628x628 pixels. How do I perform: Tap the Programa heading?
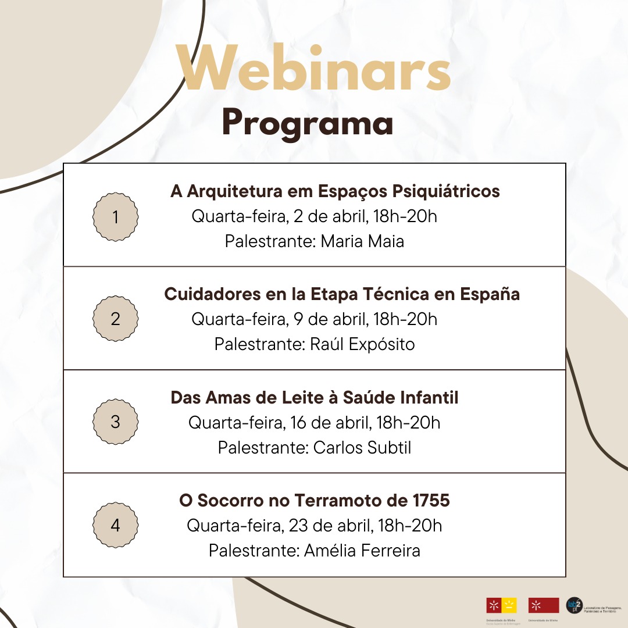tap(308, 123)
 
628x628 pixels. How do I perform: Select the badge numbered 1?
tap(116, 217)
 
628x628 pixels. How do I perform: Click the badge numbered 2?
tap(116, 319)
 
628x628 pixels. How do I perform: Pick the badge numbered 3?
tap(116, 422)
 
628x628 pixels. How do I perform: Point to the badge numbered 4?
tap(116, 525)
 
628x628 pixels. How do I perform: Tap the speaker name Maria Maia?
tap(362, 241)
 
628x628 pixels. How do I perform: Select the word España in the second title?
tap(490, 294)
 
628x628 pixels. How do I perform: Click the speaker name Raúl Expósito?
tap(362, 344)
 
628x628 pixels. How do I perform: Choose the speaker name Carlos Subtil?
tap(362, 448)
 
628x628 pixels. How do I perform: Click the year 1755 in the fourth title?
tap(431, 501)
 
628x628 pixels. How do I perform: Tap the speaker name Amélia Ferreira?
tap(362, 551)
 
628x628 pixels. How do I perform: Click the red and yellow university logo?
tap(501, 605)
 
